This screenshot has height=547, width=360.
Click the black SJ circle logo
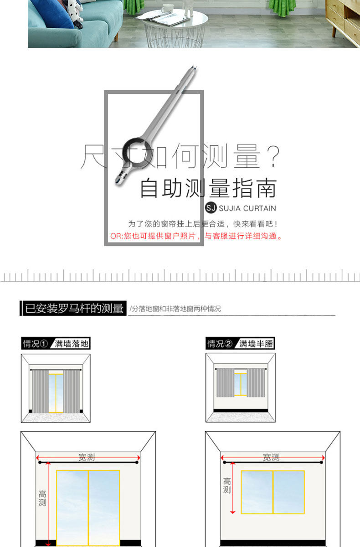click(211, 208)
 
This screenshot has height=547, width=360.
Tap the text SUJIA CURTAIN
click(247, 209)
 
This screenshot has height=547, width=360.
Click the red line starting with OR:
click(196, 236)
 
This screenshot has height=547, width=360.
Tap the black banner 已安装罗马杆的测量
click(73, 309)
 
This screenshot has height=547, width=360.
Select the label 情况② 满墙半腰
click(241, 344)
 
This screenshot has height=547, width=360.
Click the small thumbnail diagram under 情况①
click(56, 388)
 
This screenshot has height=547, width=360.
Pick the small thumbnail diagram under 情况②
click(240, 388)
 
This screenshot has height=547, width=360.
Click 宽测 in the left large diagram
click(87, 456)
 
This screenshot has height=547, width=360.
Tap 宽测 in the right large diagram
click(272, 456)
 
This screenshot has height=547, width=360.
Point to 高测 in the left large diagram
click(42, 498)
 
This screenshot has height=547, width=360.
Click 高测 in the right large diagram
click(227, 485)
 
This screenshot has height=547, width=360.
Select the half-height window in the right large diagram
click(273, 492)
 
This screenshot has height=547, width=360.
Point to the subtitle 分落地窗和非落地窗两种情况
click(175, 309)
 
